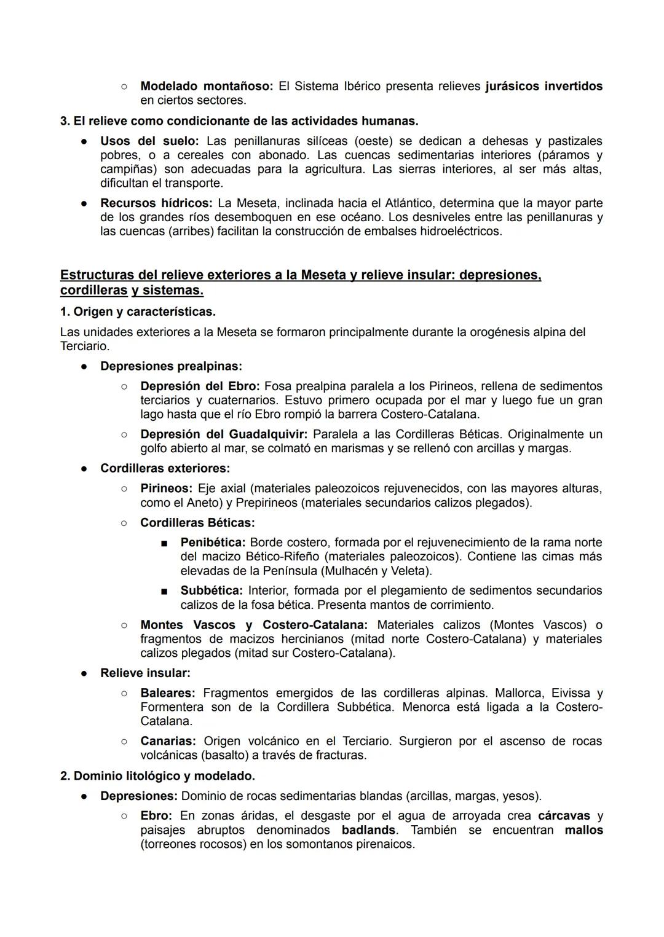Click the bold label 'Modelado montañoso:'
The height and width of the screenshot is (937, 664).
207,86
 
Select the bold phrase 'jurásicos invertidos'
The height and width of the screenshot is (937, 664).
543,86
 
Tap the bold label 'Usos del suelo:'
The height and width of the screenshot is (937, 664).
149,141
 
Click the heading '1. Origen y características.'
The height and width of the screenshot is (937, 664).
138,312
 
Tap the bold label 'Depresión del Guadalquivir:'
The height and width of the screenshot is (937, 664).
224,434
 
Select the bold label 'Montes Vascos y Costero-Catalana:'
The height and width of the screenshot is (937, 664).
254,625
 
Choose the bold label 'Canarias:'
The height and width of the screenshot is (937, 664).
168,741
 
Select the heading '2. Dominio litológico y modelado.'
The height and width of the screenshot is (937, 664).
157,775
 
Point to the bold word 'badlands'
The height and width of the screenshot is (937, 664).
369,830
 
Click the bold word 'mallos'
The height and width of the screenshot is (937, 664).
584,830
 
